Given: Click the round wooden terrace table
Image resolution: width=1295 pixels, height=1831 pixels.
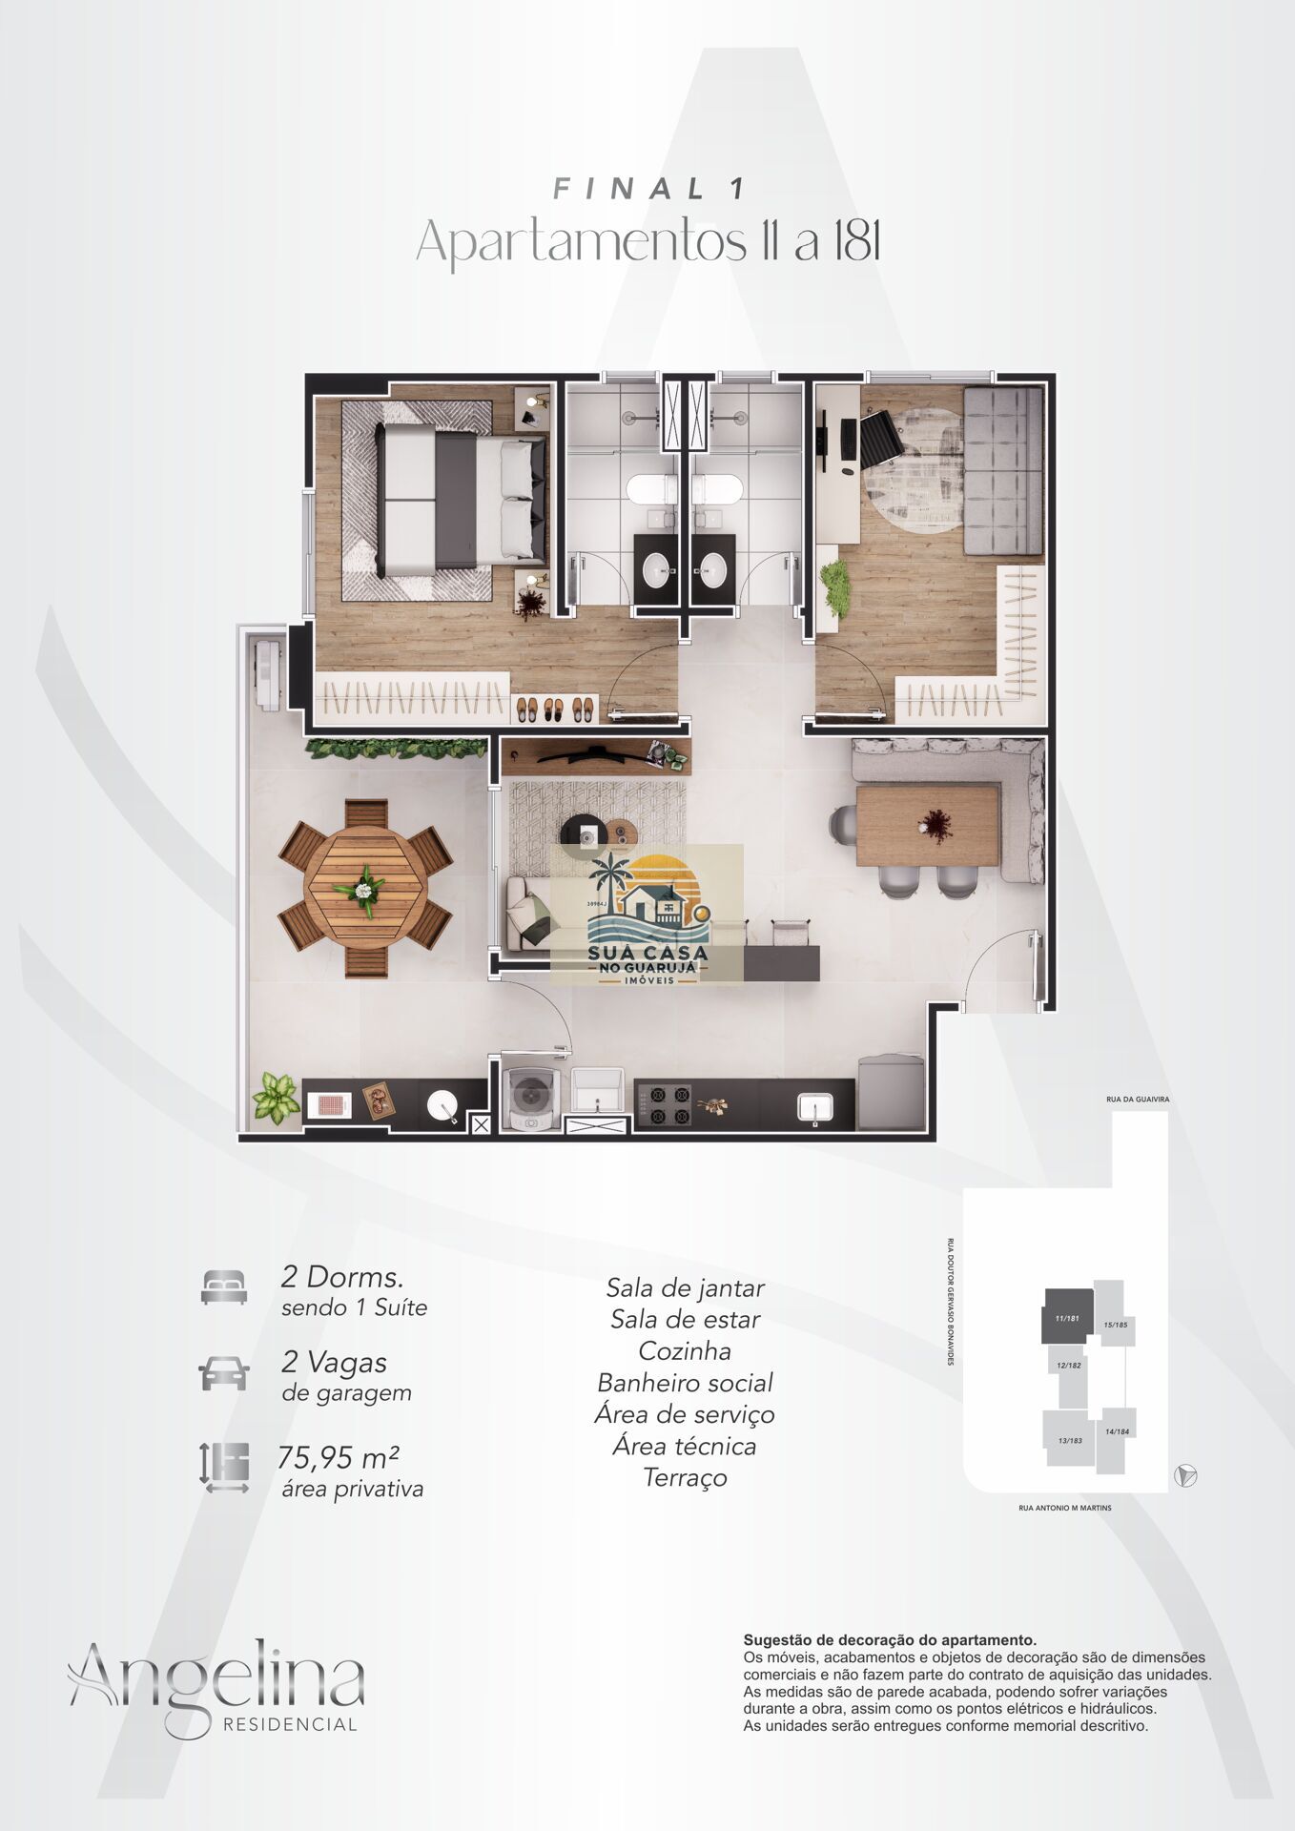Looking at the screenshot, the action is [365, 889].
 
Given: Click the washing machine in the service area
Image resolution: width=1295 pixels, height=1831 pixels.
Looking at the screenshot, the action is [530, 1096].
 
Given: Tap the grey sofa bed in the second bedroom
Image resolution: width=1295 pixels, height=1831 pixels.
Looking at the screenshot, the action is [1002, 470].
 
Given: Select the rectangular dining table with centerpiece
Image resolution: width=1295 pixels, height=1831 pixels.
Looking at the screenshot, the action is [928, 825].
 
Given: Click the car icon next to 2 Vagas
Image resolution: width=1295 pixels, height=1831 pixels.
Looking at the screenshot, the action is [224, 1373].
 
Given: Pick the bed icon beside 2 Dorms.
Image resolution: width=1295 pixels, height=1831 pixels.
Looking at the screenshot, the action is [224, 1287].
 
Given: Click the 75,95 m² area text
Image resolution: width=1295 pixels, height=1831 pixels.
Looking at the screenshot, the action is [339, 1458].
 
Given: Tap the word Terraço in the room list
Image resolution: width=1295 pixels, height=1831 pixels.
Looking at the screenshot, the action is [686, 1478].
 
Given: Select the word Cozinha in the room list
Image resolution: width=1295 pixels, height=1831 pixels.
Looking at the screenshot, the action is [685, 1351].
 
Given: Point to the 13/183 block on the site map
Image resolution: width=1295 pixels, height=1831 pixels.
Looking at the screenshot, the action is [1070, 1440].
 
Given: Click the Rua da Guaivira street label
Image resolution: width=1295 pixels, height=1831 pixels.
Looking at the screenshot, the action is [1138, 1100].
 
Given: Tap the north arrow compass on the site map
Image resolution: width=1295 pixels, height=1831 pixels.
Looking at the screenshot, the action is [1186, 1475].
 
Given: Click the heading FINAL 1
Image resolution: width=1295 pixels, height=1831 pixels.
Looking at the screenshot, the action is [649, 189].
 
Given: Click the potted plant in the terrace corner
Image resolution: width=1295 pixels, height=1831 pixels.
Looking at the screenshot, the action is [276, 1097].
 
